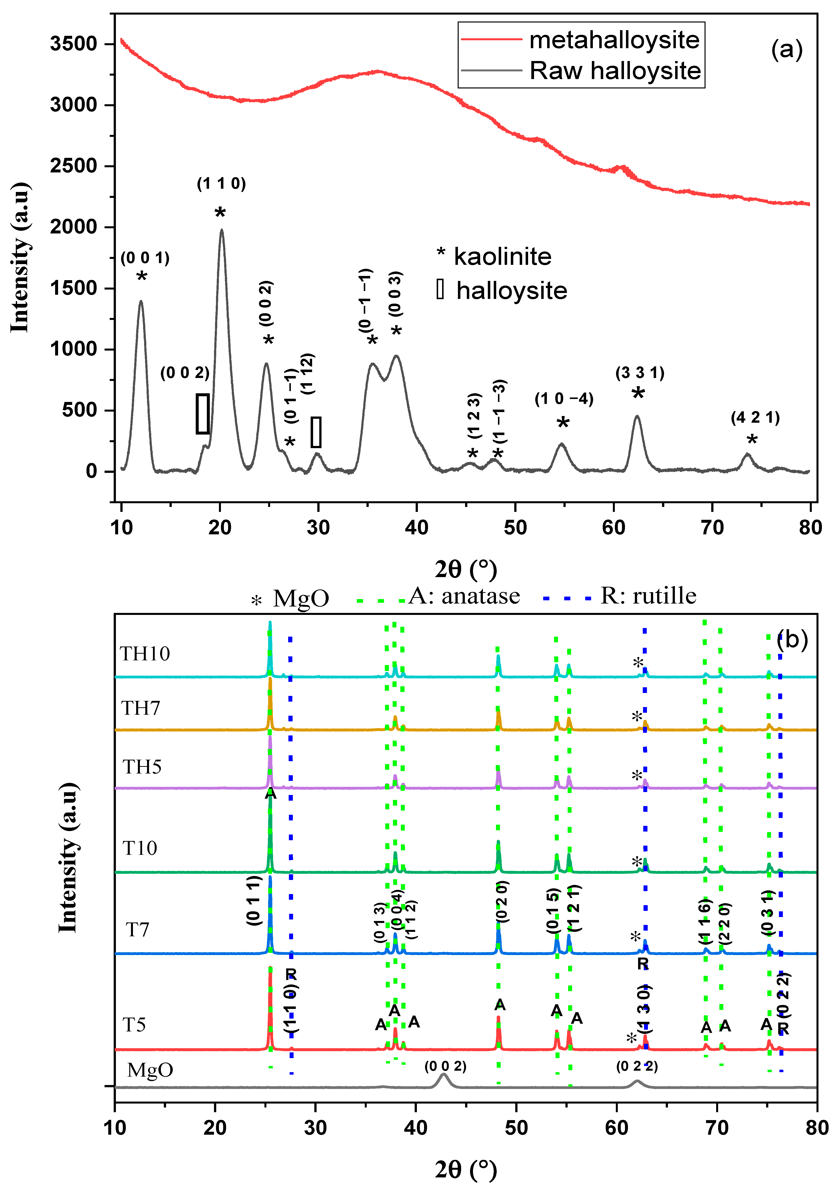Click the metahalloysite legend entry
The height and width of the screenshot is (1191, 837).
coord(614,40)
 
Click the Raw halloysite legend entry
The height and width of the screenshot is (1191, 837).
coord(615,71)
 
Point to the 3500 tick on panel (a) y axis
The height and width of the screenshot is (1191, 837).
coord(74,43)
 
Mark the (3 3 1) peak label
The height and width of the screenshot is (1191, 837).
coord(640,373)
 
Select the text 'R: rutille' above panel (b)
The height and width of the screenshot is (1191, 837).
coord(648,595)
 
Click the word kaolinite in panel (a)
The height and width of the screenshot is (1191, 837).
coord(502,257)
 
